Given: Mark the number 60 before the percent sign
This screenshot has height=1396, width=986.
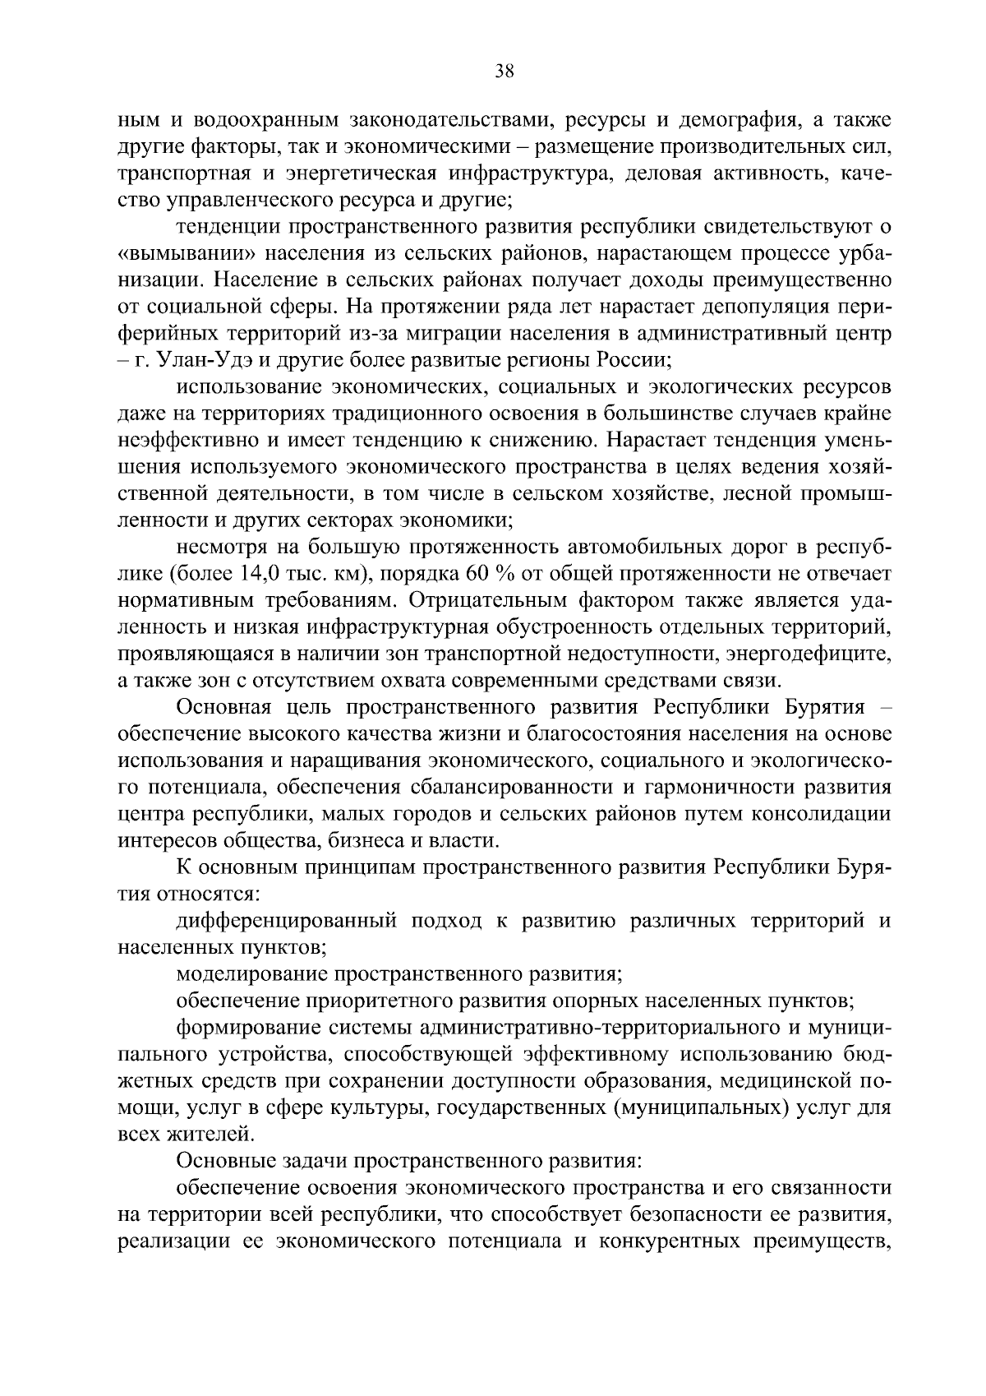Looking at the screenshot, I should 478,573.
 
